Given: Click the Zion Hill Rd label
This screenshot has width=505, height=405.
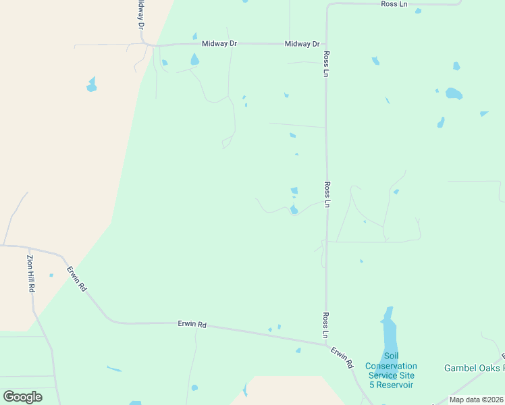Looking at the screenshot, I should [31, 273].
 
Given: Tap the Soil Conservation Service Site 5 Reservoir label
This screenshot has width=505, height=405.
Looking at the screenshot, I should [391, 371].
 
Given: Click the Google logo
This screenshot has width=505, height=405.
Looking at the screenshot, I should [23, 397].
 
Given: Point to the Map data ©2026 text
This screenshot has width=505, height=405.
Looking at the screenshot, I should [475, 400].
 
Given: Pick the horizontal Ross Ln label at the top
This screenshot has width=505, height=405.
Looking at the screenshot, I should [394, 4].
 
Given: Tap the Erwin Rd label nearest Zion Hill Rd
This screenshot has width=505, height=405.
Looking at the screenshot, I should [76, 278].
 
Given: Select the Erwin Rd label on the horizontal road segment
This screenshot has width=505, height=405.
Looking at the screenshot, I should [192, 324].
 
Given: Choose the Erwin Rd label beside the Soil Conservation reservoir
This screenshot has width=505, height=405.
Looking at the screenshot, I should [342, 357].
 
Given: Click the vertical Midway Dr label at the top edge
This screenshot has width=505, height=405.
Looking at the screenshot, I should [140, 13].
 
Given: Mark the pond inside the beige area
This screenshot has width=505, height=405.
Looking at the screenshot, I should [91, 85].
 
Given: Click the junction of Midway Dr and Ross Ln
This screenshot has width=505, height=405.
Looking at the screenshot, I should [326, 45].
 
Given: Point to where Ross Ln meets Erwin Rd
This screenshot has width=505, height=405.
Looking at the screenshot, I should [327, 344].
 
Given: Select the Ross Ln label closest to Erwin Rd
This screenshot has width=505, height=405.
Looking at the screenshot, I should [326, 325].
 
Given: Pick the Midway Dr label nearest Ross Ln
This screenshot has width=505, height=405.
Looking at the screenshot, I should [302, 44].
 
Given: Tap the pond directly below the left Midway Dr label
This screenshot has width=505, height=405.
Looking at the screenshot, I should [194, 59].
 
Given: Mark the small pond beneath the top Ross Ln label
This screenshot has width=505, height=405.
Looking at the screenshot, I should [418, 11].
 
